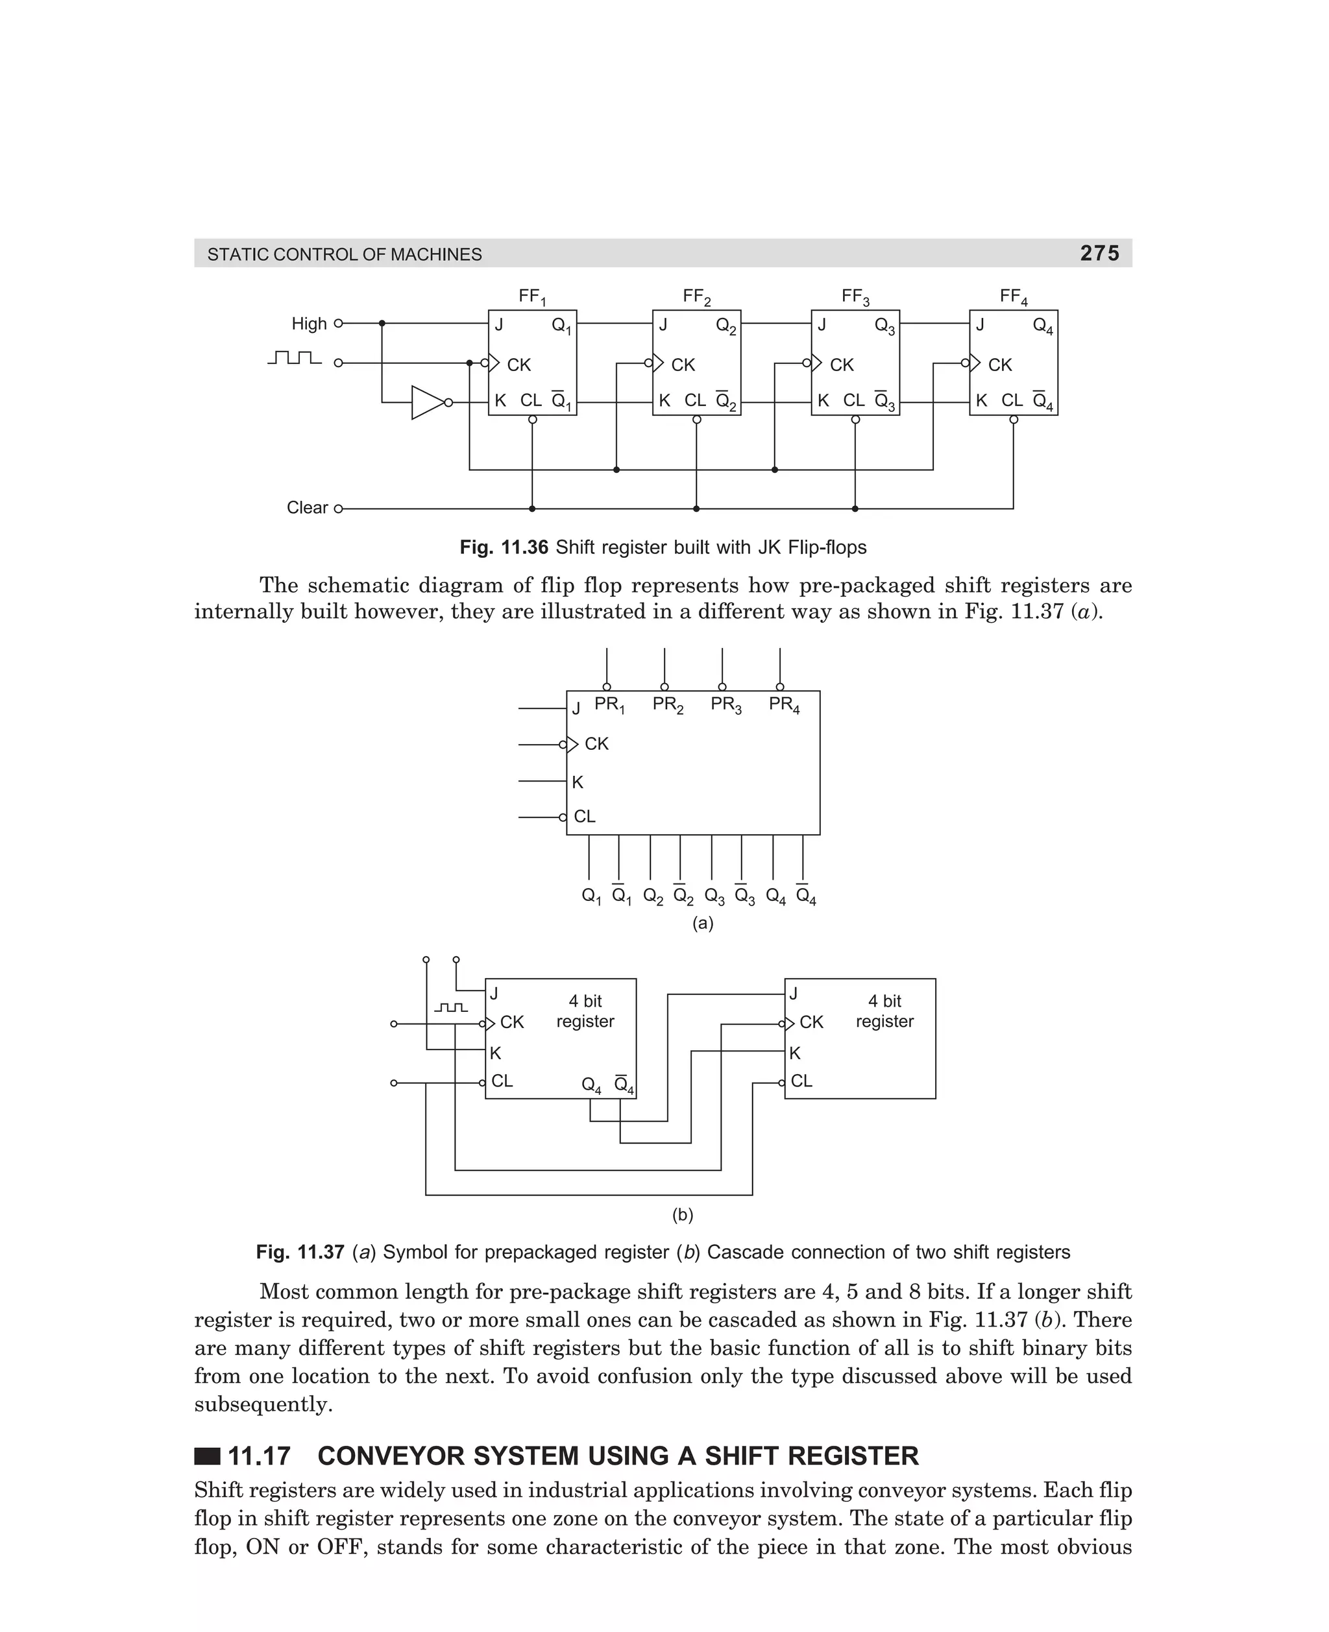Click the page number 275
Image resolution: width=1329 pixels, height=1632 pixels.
[1099, 253]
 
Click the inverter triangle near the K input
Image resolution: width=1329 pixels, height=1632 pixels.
[426, 402]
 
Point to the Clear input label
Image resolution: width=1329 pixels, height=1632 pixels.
[307, 508]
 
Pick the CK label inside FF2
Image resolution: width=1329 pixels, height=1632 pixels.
[683, 365]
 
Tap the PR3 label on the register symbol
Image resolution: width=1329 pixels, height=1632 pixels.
[725, 704]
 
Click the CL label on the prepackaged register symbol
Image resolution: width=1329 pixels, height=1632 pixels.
[584, 817]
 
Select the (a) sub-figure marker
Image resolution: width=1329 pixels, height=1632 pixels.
[703, 924]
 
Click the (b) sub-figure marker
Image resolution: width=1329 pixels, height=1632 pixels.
[682, 1215]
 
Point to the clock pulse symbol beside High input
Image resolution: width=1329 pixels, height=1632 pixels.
[295, 358]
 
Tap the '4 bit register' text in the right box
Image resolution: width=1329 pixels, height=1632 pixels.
[884, 1011]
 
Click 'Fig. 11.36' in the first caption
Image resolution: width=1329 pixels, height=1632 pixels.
[504, 548]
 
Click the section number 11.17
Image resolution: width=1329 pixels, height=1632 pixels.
[259, 1456]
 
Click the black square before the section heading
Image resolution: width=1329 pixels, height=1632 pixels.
[207, 1456]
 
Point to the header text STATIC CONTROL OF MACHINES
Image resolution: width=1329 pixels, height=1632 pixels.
[345, 255]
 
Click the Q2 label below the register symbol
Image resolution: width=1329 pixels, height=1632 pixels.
[653, 896]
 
